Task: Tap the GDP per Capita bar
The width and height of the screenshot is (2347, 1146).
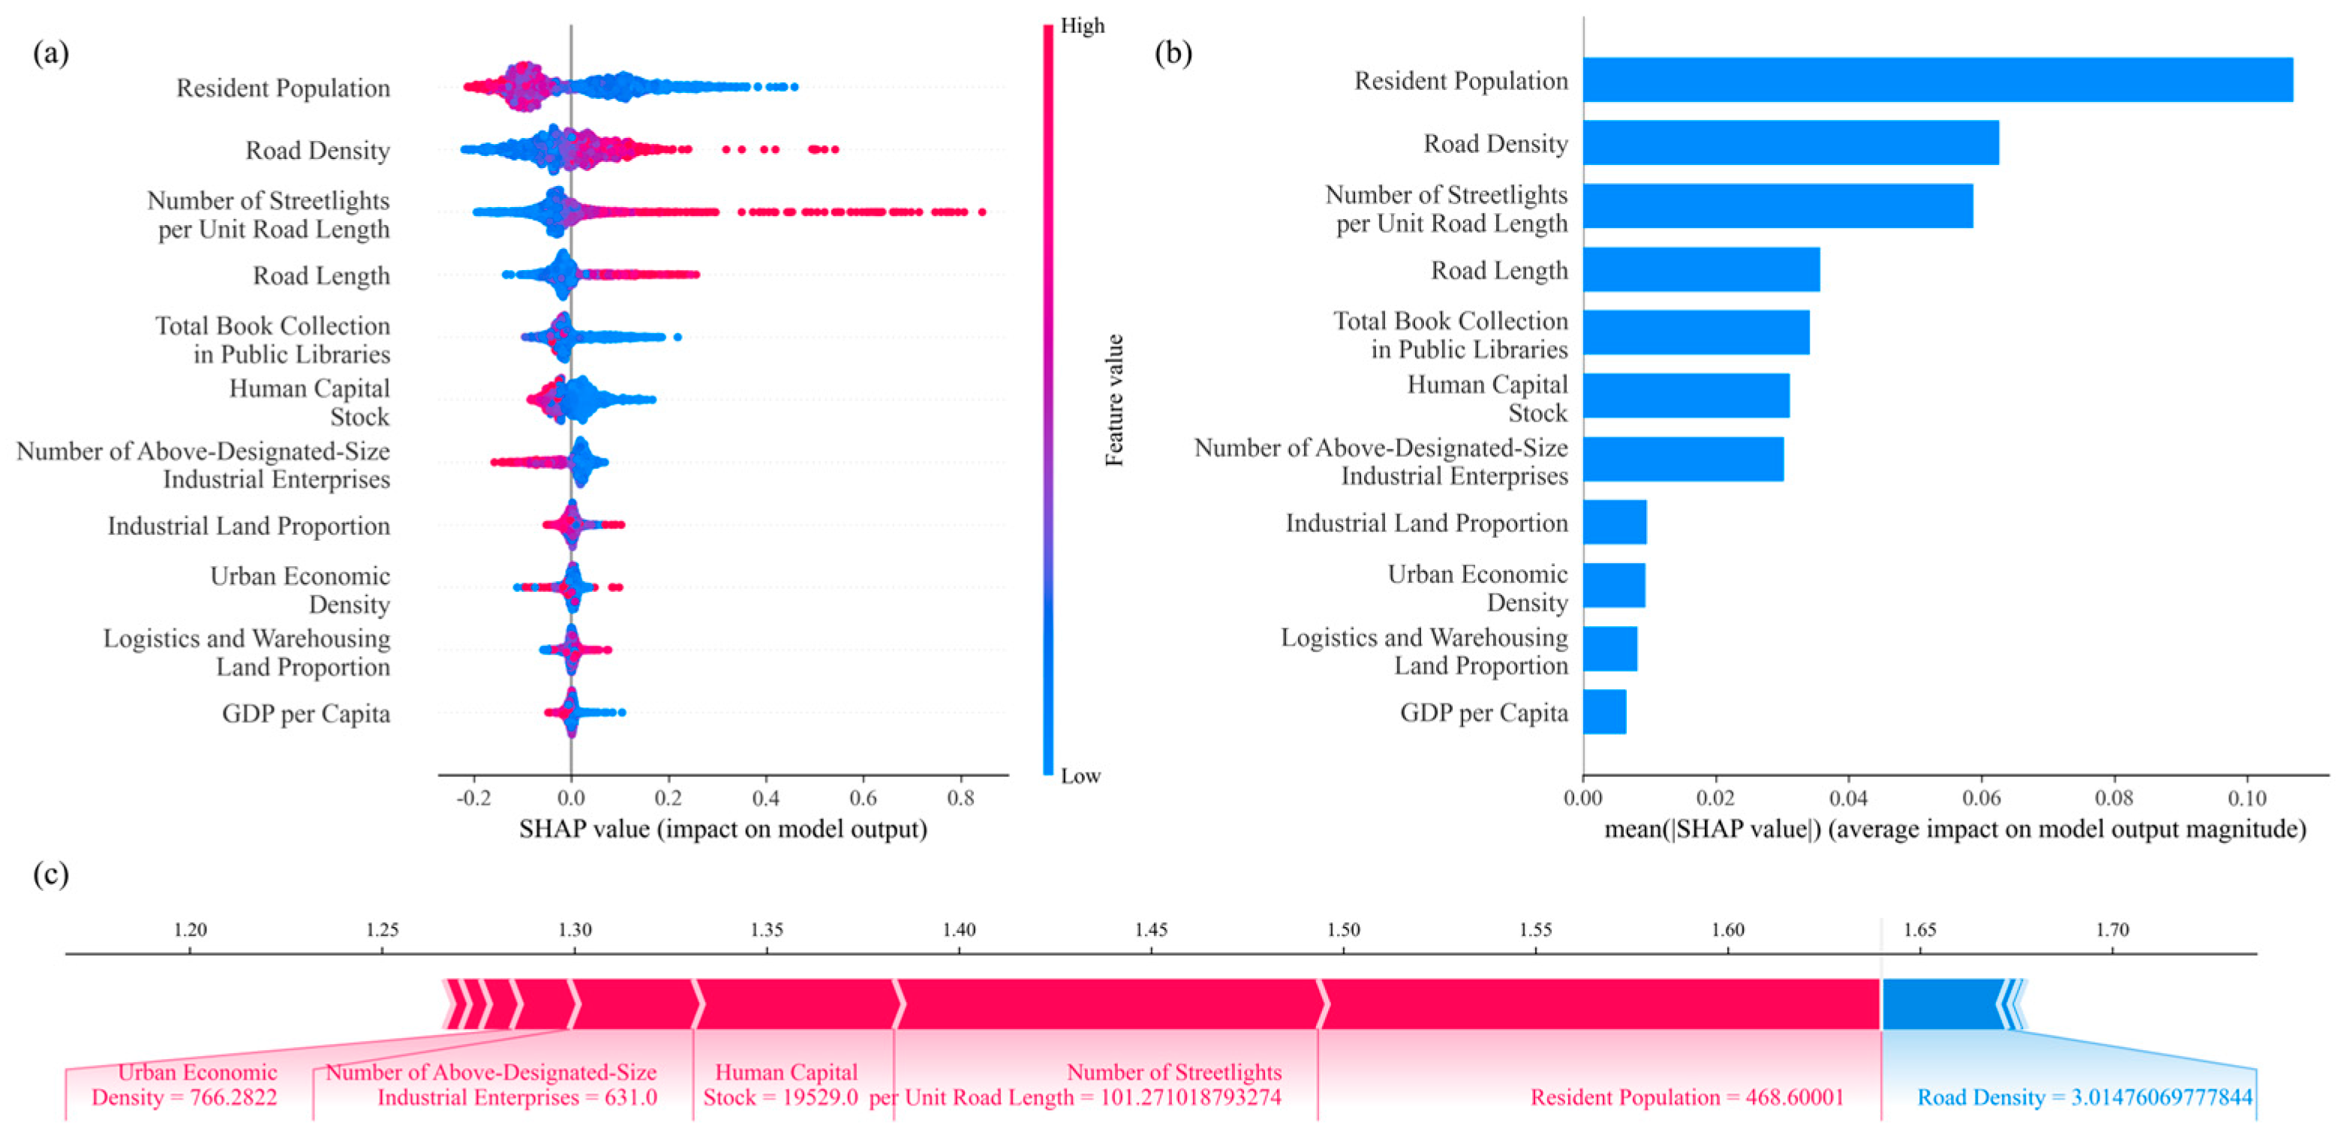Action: pyautogui.click(x=1603, y=712)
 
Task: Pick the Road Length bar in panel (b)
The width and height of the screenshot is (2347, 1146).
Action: pyautogui.click(x=1700, y=270)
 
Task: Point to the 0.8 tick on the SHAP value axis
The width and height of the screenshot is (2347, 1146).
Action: pyautogui.click(x=960, y=798)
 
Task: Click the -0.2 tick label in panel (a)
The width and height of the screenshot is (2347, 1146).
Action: pyautogui.click(x=473, y=798)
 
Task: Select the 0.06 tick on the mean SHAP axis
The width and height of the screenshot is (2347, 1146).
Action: pyautogui.click(x=1981, y=798)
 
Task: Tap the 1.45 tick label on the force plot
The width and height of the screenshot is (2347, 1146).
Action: pyautogui.click(x=1151, y=930)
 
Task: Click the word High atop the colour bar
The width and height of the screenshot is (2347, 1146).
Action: pyautogui.click(x=1083, y=25)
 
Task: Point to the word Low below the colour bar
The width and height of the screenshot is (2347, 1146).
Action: pyautogui.click(x=1080, y=776)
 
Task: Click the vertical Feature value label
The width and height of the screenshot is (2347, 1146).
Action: pyautogui.click(x=1114, y=400)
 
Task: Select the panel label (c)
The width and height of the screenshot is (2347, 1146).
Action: pyautogui.click(x=51, y=874)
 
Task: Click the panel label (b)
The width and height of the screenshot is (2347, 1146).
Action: pyautogui.click(x=1173, y=52)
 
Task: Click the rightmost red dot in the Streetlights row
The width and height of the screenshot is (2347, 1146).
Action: pyautogui.click(x=981, y=212)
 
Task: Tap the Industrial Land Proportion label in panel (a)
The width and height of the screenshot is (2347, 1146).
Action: pyautogui.click(x=249, y=526)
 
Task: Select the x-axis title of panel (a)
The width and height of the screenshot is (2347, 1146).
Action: pyautogui.click(x=723, y=829)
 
